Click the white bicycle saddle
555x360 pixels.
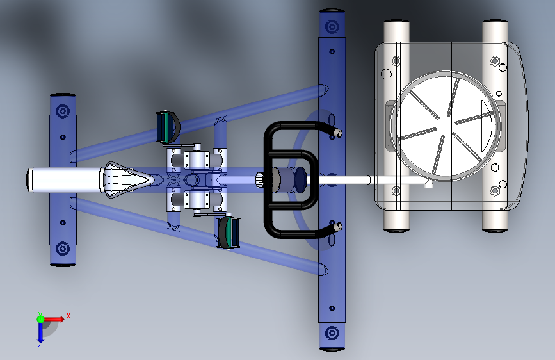pos(127,179)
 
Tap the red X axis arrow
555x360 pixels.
pos(54,319)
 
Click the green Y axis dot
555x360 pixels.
pos(40,319)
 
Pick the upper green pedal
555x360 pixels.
pos(168,127)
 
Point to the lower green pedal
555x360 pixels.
pos(229,233)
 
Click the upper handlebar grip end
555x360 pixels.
pos(338,133)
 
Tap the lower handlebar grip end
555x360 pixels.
pos(338,226)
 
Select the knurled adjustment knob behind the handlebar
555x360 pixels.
pos(260,180)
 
